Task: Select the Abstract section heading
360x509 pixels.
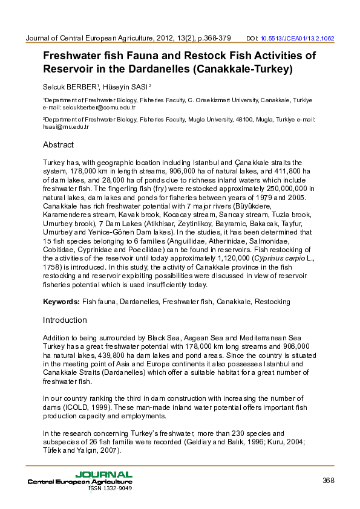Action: click(x=58, y=145)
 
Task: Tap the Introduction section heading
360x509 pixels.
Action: click(x=65, y=320)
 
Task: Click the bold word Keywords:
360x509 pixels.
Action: click(x=61, y=301)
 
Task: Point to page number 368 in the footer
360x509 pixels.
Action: click(x=329, y=481)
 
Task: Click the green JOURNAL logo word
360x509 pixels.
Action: click(x=103, y=475)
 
